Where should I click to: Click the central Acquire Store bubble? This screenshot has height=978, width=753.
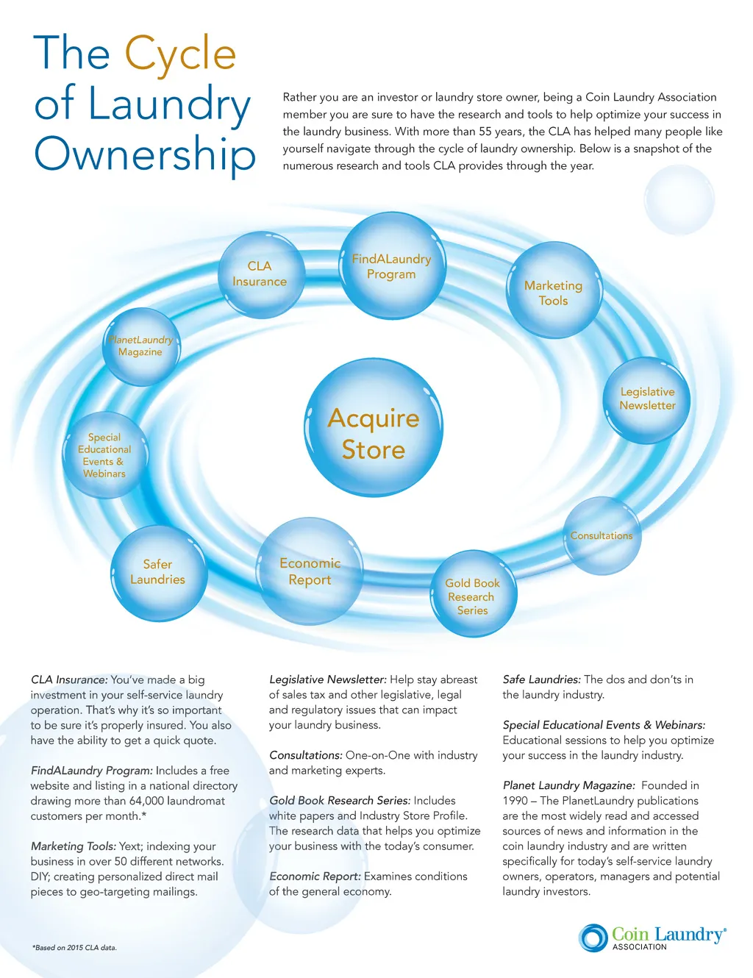coord(374,434)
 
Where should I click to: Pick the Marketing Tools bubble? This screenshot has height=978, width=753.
coord(553,292)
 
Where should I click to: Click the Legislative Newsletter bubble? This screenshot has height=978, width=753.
coord(647,399)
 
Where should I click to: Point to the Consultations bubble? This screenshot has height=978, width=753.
coord(602,536)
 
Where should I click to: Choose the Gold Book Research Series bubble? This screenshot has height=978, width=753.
coord(473,596)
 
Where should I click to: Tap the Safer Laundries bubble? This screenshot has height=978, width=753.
coord(158,572)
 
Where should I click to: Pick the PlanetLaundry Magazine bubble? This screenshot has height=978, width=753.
coord(140,346)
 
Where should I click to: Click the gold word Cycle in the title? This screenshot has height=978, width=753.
coord(180,54)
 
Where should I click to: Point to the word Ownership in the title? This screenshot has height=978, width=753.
coord(145,154)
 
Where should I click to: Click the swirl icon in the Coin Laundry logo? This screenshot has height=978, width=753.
coord(593,938)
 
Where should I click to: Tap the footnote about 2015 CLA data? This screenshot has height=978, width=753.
coord(74,948)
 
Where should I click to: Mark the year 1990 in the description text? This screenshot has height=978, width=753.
coord(515,801)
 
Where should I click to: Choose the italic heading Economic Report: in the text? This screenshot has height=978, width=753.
coord(315,877)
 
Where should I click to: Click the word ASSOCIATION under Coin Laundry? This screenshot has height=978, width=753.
coord(639,947)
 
